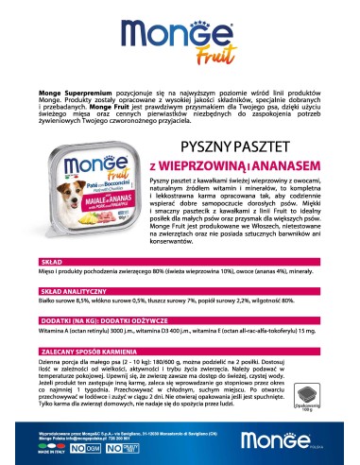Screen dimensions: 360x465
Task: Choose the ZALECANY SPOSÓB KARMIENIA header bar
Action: point(180,336)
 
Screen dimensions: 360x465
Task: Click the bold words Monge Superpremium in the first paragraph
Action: point(67,95)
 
